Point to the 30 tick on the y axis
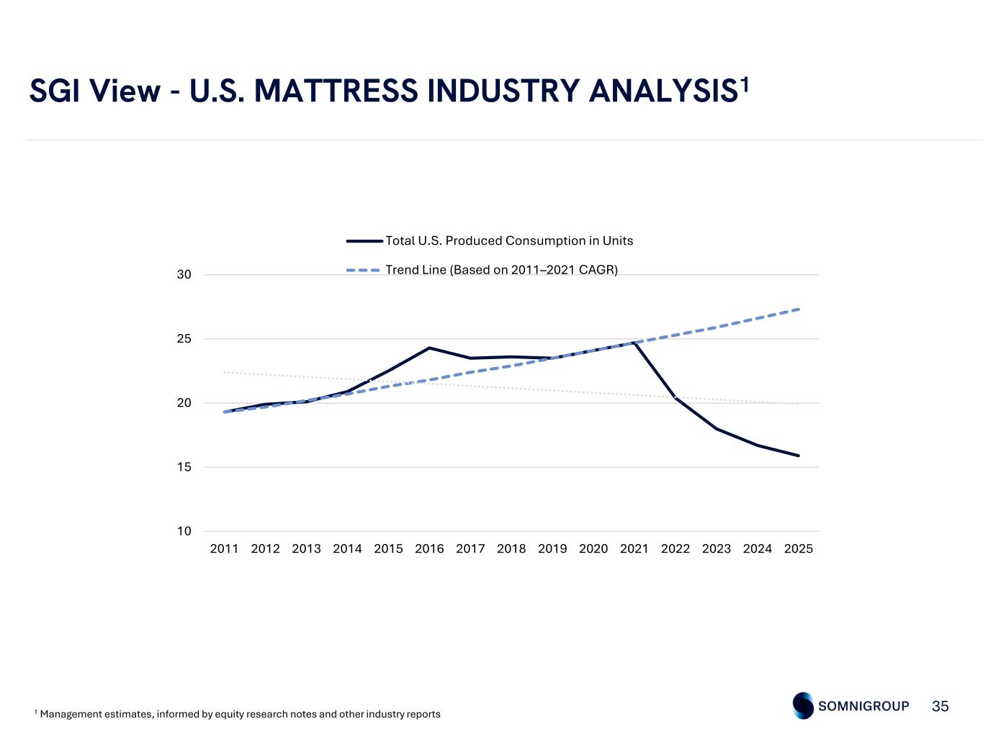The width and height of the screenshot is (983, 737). pyautogui.click(x=184, y=275)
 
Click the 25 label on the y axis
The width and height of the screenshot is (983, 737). pyautogui.click(x=184, y=339)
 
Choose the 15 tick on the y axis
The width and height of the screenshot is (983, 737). pyautogui.click(x=184, y=467)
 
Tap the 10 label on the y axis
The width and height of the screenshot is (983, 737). pyautogui.click(x=184, y=531)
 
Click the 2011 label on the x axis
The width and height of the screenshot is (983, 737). pyautogui.click(x=224, y=549)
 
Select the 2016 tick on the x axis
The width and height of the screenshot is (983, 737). pyautogui.click(x=429, y=549)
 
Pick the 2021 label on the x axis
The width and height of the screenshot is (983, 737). pyautogui.click(x=634, y=549)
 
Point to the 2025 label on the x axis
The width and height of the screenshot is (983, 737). pyautogui.click(x=799, y=549)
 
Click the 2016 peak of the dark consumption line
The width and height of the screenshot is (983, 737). pyautogui.click(x=429, y=348)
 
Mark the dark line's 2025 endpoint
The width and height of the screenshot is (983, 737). pyautogui.click(x=799, y=456)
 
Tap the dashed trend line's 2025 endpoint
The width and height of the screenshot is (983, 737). pyautogui.click(x=799, y=309)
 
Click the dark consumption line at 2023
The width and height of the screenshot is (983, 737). pyautogui.click(x=717, y=429)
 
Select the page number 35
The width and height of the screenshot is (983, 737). pyautogui.click(x=941, y=706)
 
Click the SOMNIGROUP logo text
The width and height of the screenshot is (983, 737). pyautogui.click(x=863, y=706)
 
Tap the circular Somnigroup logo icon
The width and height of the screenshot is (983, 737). pyautogui.click(x=804, y=705)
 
